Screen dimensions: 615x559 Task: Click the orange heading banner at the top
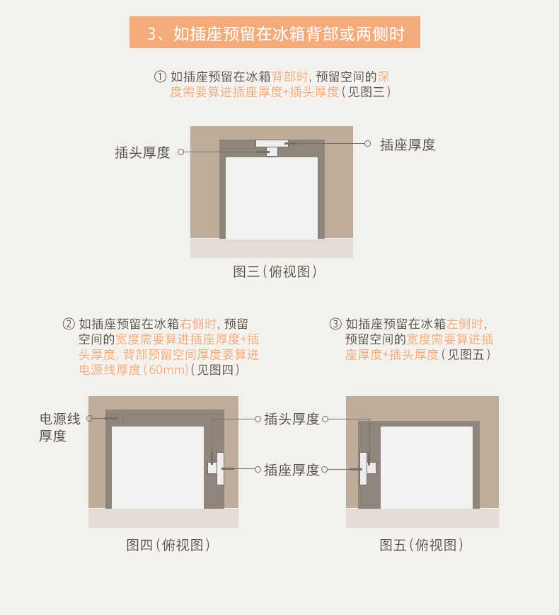[x=275, y=33]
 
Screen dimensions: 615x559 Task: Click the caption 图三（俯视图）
[x=275, y=271]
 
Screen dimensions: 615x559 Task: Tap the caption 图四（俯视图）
[x=168, y=545]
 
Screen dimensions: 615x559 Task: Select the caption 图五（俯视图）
[x=422, y=545]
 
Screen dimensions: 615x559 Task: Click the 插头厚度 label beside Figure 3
[x=142, y=152]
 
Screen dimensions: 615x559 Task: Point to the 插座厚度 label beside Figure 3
[x=408, y=145]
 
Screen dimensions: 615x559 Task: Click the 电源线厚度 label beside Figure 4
[x=59, y=427]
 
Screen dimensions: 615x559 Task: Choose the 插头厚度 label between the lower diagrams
[x=292, y=419]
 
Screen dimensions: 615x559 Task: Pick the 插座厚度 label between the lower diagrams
[x=292, y=470]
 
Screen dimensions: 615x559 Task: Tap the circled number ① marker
[x=160, y=77]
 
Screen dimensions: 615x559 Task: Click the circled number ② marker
[x=69, y=324]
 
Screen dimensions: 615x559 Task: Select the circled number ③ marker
[x=335, y=324]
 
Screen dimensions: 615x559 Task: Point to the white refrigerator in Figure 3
[x=271, y=198]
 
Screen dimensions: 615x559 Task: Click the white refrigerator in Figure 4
[x=157, y=467]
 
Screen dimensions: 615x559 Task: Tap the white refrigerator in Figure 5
[x=426, y=467]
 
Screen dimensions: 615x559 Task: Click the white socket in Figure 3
[x=271, y=143]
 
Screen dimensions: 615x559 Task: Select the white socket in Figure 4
[x=220, y=468]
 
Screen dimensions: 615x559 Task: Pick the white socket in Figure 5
[x=363, y=468]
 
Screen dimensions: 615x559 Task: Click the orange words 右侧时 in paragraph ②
[x=198, y=324]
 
